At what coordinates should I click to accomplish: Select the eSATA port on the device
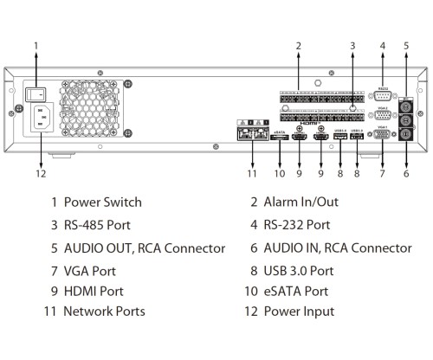[279, 137]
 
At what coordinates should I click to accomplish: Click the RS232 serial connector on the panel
[383, 95]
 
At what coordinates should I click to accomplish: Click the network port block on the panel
[252, 135]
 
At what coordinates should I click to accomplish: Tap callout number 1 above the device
[36, 44]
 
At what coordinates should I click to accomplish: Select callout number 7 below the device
[382, 172]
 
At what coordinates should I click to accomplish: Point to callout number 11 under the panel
[252, 172]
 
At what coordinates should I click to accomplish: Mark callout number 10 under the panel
[279, 172]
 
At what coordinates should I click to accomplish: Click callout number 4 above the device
[382, 44]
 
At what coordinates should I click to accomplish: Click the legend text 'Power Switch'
[102, 202]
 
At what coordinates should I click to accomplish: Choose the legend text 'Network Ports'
[105, 312]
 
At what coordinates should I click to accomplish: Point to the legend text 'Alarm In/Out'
[301, 202]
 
